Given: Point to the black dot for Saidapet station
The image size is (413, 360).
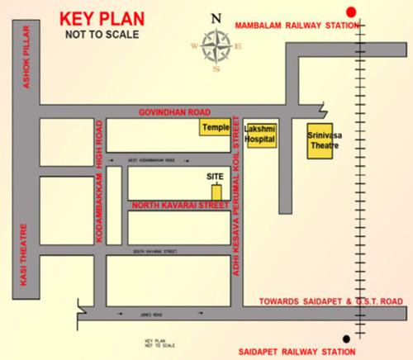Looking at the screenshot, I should (348, 338).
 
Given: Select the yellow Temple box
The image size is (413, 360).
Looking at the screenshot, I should (213, 128).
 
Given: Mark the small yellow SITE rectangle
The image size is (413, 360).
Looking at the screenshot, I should (216, 187).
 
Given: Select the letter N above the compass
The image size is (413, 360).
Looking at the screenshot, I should (216, 17).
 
